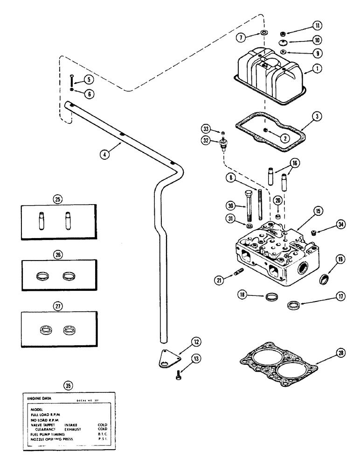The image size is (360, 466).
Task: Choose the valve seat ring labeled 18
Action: pyautogui.click(x=270, y=297)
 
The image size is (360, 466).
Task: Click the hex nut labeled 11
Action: pyautogui.click(x=282, y=34)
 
